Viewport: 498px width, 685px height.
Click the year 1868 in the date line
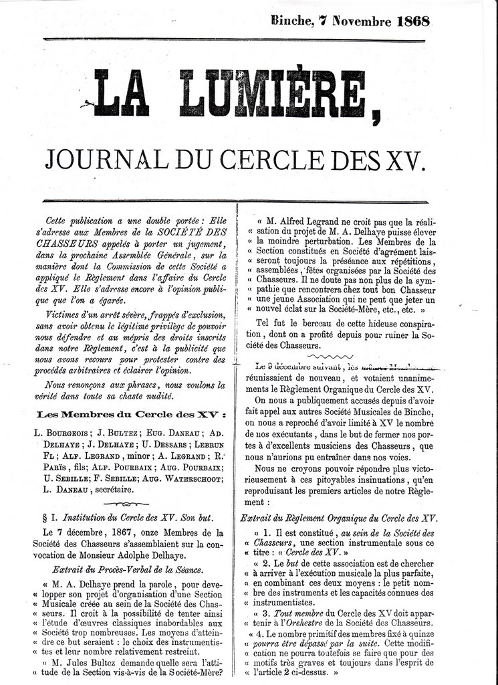(x=412, y=21)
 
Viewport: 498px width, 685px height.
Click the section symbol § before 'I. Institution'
(x=44, y=518)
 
